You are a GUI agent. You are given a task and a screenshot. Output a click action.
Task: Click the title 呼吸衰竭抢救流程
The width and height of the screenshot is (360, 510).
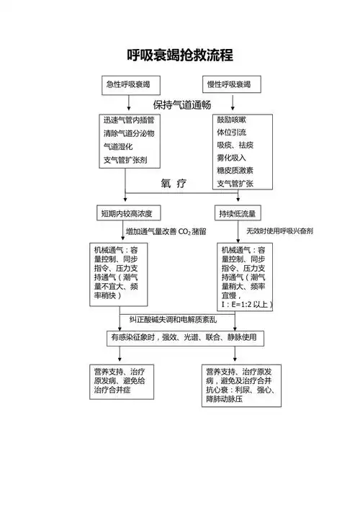click(x=179, y=55)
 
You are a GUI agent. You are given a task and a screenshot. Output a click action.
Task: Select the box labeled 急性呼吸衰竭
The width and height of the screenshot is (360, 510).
click(x=128, y=84)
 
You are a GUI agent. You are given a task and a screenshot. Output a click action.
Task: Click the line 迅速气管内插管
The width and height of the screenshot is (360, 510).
click(x=129, y=120)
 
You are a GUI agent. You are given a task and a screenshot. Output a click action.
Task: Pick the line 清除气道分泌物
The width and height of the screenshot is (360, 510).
click(x=129, y=133)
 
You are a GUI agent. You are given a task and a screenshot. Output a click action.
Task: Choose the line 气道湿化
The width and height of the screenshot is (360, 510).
click(x=119, y=146)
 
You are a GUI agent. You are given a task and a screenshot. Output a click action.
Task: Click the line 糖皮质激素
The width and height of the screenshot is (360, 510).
click(x=235, y=171)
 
